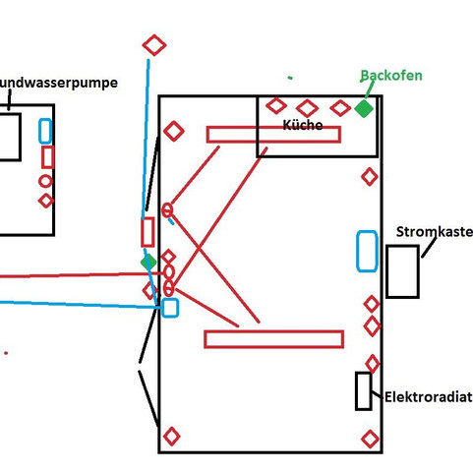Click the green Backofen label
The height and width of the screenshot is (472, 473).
tap(391, 76)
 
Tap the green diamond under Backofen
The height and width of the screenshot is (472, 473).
tap(364, 108)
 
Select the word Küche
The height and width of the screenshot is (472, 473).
tap(302, 126)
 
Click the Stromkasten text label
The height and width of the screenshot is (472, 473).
tap(434, 232)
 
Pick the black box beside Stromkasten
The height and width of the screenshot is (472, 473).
tap(402, 271)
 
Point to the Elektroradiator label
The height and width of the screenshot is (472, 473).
tap(428, 397)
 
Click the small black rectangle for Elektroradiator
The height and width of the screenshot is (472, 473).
tap(364, 390)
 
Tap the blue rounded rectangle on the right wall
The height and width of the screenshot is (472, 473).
tap(366, 251)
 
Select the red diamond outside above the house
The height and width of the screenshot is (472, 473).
tap(154, 45)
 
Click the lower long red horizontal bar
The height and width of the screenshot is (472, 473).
tap(273, 339)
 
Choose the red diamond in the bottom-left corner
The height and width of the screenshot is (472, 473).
tap(171, 436)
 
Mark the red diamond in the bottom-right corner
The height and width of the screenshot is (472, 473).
tap(370, 439)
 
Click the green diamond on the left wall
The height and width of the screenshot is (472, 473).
tap(148, 263)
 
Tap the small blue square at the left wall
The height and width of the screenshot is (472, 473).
tap(170, 307)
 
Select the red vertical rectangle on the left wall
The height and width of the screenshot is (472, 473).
tap(148, 232)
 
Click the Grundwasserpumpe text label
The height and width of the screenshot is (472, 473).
tap(59, 84)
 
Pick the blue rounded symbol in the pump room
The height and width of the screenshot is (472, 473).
tap(45, 131)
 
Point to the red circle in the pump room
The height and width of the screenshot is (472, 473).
tap(45, 181)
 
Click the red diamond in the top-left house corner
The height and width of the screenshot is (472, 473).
tap(173, 131)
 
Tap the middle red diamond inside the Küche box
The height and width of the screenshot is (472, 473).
tap(307, 108)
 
